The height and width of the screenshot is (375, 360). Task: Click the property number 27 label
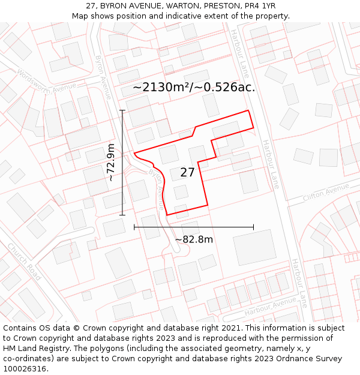click(x=187, y=173)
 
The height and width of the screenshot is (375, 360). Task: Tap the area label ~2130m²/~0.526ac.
click(x=194, y=87)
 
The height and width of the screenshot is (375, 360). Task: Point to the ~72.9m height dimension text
click(x=111, y=162)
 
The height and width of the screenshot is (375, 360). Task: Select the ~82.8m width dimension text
click(x=194, y=239)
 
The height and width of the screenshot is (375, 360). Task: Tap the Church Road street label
click(x=25, y=262)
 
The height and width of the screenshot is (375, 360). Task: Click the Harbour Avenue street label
click(x=271, y=307)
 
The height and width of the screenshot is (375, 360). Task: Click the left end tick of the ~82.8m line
click(x=134, y=227)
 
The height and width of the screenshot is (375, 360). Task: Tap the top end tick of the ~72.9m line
click(x=122, y=110)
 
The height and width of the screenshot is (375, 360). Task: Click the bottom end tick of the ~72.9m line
click(x=122, y=215)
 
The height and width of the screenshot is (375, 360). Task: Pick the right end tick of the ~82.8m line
click(x=253, y=227)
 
